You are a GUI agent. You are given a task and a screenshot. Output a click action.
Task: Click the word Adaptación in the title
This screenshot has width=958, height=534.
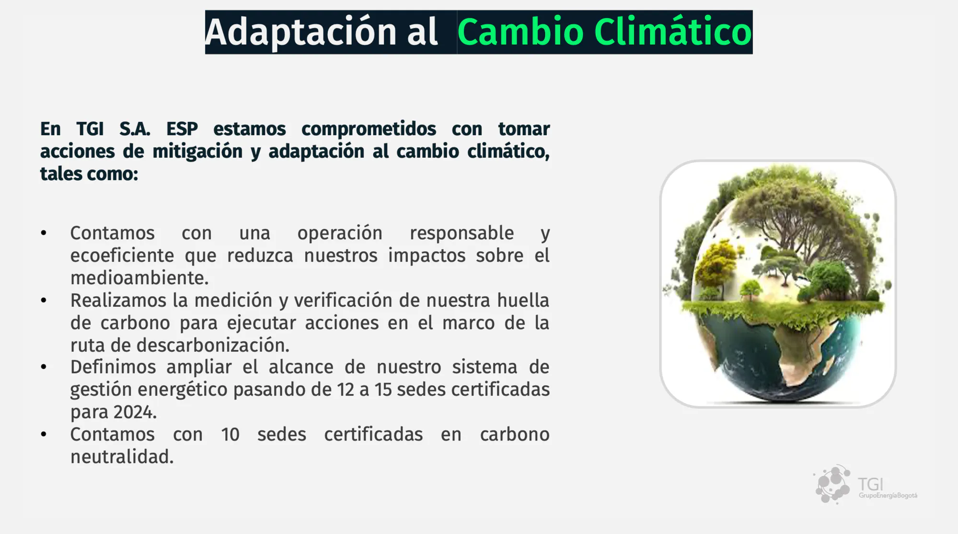tap(300, 32)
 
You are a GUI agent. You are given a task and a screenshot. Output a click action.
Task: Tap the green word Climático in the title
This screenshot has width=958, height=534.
tap(673, 32)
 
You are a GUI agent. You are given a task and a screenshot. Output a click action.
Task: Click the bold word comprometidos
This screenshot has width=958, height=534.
tap(369, 129)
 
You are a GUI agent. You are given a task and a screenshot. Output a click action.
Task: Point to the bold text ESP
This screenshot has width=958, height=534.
tap(182, 128)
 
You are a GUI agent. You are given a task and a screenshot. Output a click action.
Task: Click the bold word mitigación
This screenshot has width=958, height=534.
tap(197, 151)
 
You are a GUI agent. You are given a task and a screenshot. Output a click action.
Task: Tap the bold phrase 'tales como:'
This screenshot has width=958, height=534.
tap(89, 174)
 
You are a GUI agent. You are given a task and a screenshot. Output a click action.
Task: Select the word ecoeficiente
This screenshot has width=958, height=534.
tap(122, 255)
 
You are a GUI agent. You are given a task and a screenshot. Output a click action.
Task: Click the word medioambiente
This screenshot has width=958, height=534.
tap(139, 278)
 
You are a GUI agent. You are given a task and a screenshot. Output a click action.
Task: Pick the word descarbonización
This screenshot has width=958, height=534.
tap(213, 345)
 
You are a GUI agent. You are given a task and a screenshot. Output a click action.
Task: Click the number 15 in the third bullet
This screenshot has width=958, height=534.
tap(383, 390)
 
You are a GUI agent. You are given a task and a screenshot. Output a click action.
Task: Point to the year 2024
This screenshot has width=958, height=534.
tap(135, 412)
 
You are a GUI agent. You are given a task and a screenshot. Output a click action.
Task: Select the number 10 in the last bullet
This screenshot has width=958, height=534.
tap(230, 435)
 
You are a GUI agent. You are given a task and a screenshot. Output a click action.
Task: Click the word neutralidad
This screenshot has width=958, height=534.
tap(122, 457)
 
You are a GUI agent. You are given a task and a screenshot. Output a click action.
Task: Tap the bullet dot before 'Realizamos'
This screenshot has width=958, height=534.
tap(44, 301)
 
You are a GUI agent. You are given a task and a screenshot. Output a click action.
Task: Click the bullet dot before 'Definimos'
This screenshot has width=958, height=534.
tap(44, 367)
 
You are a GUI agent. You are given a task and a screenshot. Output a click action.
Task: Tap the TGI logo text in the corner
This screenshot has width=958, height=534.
tap(870, 484)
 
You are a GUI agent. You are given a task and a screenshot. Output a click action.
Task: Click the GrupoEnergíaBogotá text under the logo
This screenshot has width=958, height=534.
tap(888, 496)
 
